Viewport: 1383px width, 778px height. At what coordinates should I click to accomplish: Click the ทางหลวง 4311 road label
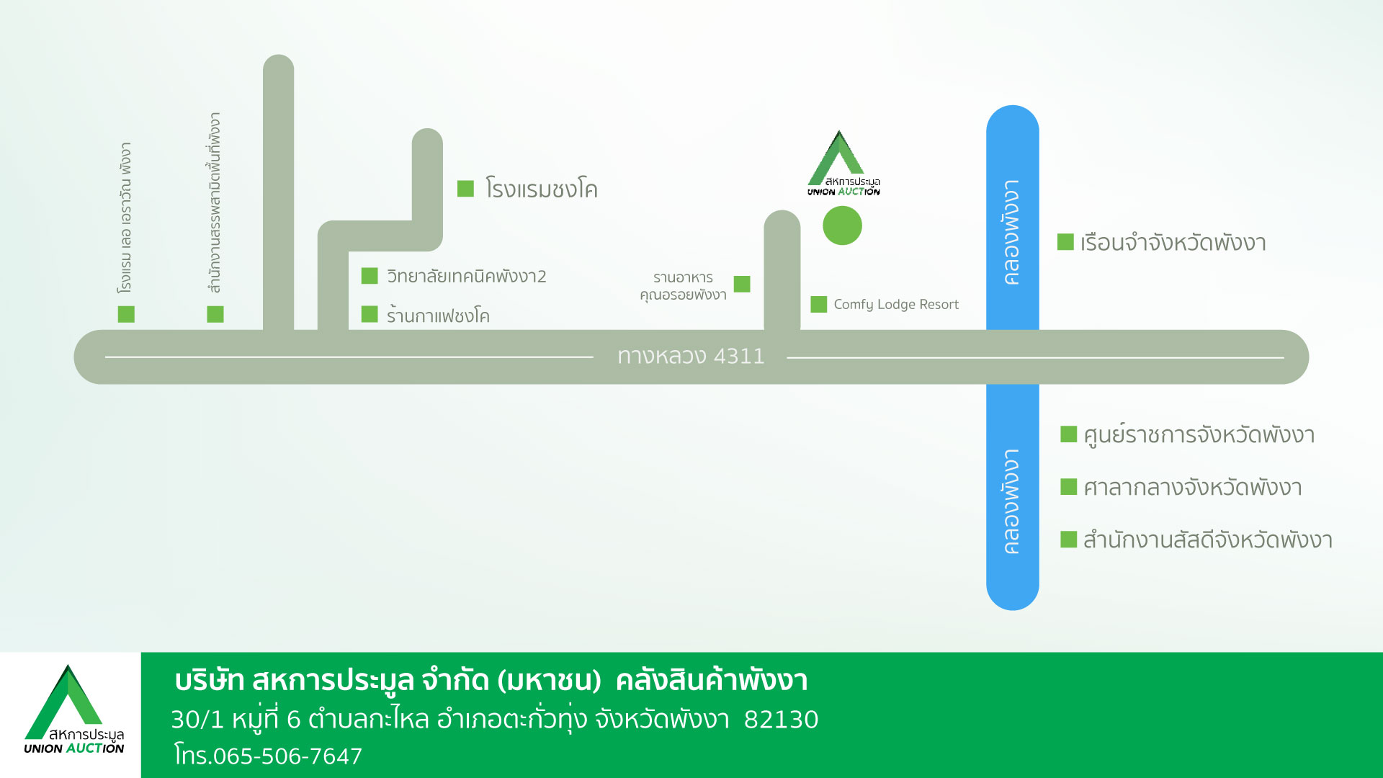pyautogui.click(x=691, y=356)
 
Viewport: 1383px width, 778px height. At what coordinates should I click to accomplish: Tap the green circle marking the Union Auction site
pyautogui.click(x=842, y=225)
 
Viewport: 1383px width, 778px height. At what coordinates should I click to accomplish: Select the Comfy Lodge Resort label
pyautogui.click(x=896, y=305)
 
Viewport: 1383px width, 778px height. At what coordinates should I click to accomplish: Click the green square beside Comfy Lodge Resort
pyautogui.click(x=818, y=304)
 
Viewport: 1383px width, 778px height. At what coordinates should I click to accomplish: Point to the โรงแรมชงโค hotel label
pyautogui.click(x=542, y=189)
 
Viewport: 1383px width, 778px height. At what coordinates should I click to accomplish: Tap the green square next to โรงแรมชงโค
pyautogui.click(x=465, y=189)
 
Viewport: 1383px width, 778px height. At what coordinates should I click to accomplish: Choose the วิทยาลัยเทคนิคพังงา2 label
pyautogui.click(x=467, y=277)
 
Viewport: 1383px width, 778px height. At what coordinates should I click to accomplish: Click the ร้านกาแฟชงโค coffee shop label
pyautogui.click(x=438, y=315)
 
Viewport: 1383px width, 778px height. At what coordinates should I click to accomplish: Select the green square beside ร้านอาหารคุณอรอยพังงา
pyautogui.click(x=742, y=284)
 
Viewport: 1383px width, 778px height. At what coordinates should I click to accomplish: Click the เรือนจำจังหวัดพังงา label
pyautogui.click(x=1173, y=243)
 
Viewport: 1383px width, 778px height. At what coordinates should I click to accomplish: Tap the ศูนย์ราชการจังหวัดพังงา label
pyautogui.click(x=1199, y=435)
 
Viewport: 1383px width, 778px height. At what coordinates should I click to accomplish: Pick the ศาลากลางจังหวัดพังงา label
pyautogui.click(x=1193, y=488)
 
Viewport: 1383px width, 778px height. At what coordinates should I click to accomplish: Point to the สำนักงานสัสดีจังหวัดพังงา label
pyautogui.click(x=1208, y=540)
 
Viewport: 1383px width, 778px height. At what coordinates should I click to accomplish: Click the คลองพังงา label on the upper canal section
pyautogui.click(x=1012, y=232)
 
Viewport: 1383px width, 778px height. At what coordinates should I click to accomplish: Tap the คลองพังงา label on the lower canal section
pyautogui.click(x=1012, y=501)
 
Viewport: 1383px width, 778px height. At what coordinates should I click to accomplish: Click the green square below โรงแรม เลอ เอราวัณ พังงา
pyautogui.click(x=126, y=314)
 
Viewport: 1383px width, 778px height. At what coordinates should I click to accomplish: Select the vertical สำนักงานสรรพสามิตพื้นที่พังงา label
pyautogui.click(x=214, y=202)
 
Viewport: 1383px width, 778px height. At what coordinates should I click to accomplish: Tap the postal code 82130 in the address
pyautogui.click(x=782, y=720)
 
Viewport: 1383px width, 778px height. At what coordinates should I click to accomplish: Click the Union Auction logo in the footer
pyautogui.click(x=73, y=710)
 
